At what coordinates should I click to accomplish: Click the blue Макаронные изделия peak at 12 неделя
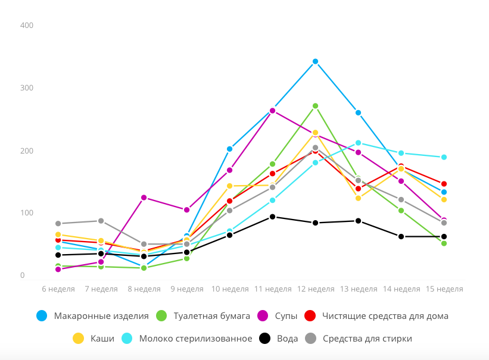point(315,61)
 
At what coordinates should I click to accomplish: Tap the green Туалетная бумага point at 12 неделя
point(315,106)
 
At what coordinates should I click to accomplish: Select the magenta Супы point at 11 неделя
point(272,111)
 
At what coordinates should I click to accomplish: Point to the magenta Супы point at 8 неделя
point(144,198)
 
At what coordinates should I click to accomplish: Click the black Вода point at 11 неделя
point(272,217)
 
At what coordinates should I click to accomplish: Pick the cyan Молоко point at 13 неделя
point(358,143)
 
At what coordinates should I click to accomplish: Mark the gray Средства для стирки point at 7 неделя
point(101,221)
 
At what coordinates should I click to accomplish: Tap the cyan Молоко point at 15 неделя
point(444,157)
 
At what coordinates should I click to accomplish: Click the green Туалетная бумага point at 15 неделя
point(444,243)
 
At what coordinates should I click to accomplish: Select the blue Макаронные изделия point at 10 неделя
point(229,149)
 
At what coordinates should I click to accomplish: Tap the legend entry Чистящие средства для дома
point(385,316)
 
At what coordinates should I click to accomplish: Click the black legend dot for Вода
point(264,339)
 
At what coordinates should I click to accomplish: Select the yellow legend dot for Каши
point(78,339)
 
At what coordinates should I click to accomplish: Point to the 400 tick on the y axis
point(26,26)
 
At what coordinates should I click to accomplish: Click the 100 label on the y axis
point(26,213)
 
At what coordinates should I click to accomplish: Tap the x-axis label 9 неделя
point(186,289)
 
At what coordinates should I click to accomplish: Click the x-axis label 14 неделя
point(401,289)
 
